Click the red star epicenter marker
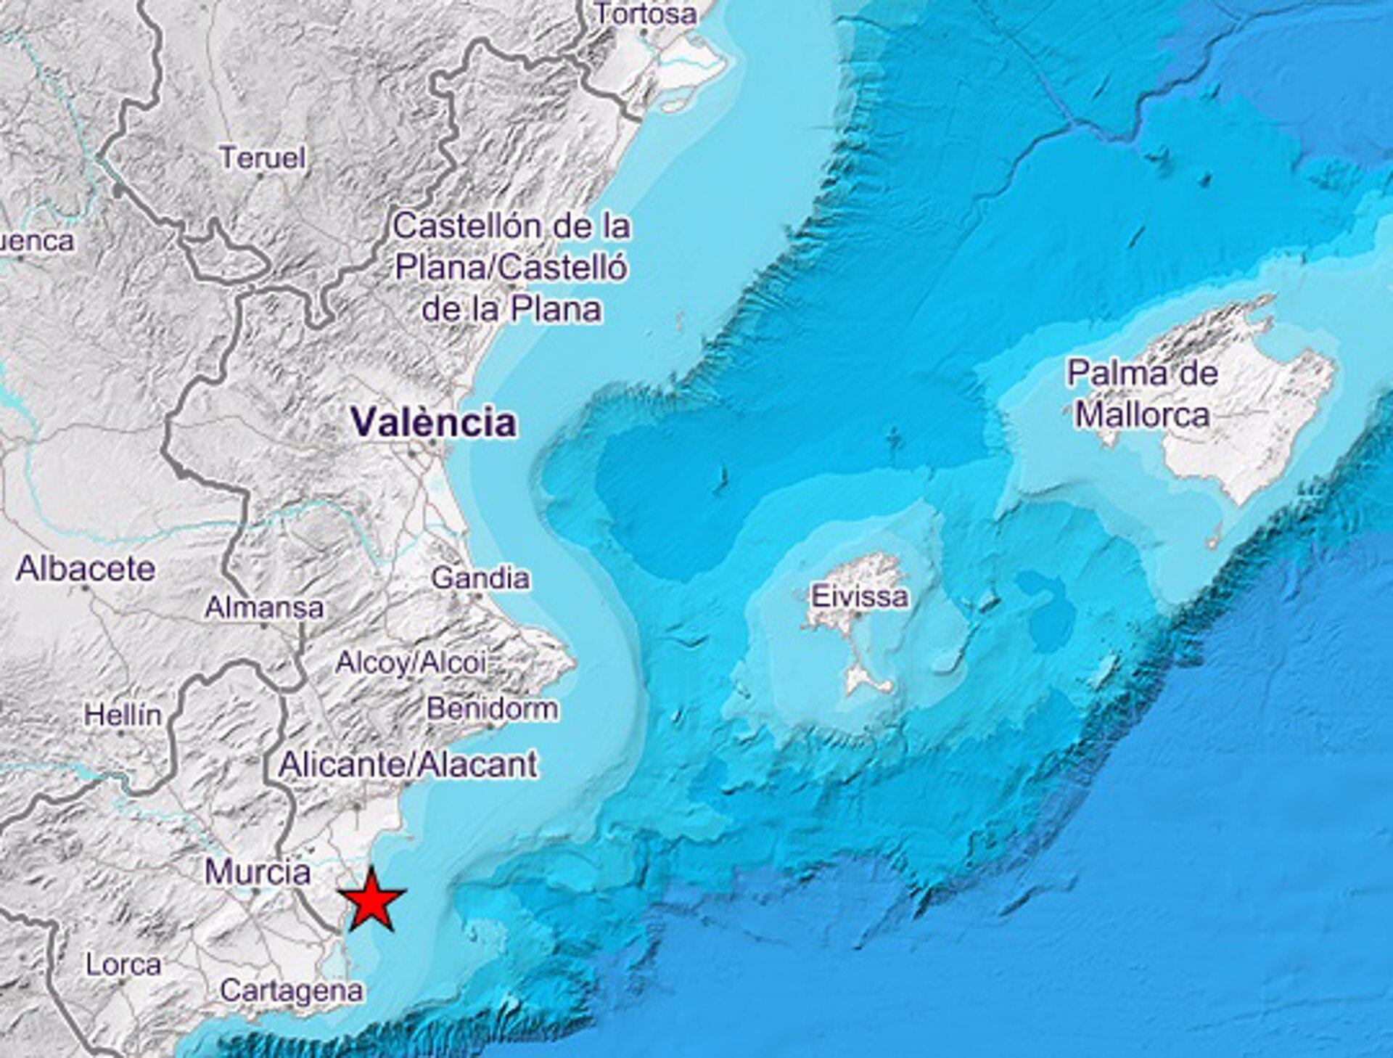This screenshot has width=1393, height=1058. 372,902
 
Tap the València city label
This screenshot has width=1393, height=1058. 433,422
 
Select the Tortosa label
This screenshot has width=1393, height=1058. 646,14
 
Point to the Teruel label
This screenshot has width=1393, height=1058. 262,157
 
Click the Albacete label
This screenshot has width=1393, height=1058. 86,568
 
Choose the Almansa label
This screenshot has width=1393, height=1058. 264,607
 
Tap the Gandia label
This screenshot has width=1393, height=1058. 480,578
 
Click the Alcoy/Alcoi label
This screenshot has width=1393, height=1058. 411,663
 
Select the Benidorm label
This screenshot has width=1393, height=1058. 493,708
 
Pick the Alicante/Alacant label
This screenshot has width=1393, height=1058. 408,765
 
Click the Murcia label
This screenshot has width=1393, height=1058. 258,872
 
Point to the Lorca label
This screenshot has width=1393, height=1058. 123,964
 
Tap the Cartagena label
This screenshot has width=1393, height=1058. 292,991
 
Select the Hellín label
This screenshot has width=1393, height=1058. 123,715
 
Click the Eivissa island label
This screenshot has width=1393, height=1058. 859,596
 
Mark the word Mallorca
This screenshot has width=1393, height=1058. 1142,415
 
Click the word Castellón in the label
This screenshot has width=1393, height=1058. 456,226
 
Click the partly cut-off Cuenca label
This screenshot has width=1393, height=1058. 36,241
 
